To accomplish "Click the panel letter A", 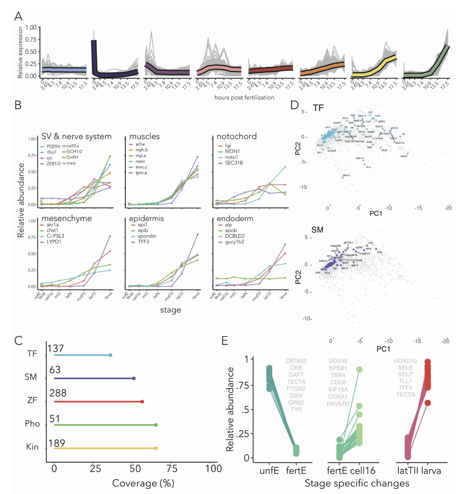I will pyautogui.click(x=18, y=16).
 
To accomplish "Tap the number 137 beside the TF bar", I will pyautogui.click(x=56, y=348).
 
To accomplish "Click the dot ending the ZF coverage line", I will pyautogui.click(x=142, y=401).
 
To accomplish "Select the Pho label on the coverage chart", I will pyautogui.click(x=32, y=424).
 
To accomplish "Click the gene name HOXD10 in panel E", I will pyautogui.click(x=405, y=361).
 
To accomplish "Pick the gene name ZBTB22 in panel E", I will pyautogui.click(x=296, y=361).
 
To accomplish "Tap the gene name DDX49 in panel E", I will pyautogui.click(x=338, y=361).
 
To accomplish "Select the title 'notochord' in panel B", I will pyautogui.click(x=236, y=137).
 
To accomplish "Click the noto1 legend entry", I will pyautogui.click(x=231, y=157).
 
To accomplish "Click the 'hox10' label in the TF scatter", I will pyautogui.click(x=404, y=156).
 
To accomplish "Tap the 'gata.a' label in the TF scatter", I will pyautogui.click(x=346, y=175).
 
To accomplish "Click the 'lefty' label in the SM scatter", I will pyautogui.click(x=379, y=252).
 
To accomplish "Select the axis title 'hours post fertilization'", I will pyautogui.click(x=244, y=97).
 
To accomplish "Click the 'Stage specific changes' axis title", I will pyautogui.click(x=357, y=483).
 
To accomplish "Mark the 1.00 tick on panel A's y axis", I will pyautogui.click(x=31, y=27).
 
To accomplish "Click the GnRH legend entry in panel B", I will pyautogui.click(x=72, y=157).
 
